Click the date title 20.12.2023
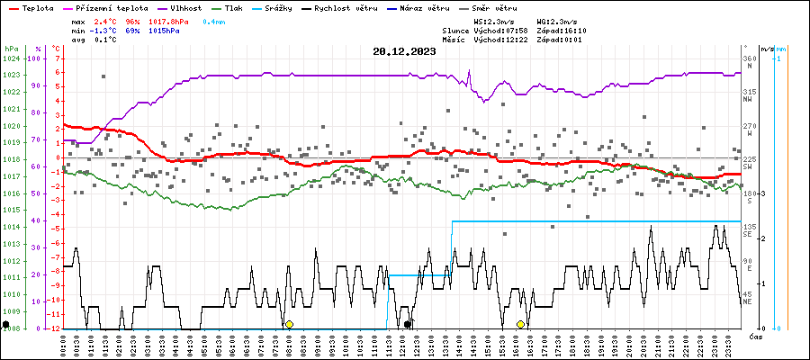(404, 51)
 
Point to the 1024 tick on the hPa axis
(11, 58)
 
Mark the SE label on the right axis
(747, 234)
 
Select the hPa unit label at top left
(11, 48)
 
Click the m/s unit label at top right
(767, 48)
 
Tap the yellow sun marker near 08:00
(289, 324)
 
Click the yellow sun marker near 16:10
(520, 324)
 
